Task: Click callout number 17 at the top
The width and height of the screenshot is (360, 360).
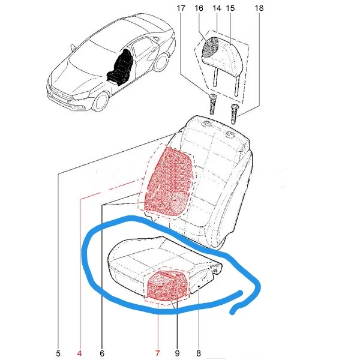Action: pos(181,8)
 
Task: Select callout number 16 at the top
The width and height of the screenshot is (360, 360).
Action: pos(199,8)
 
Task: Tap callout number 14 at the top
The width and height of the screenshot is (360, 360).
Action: pos(217,8)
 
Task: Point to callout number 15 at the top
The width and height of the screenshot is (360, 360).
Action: pos(230,8)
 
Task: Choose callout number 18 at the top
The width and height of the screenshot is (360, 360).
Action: pos(259,8)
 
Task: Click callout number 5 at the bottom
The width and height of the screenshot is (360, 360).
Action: pos(58,353)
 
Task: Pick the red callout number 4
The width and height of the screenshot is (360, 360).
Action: pos(79,353)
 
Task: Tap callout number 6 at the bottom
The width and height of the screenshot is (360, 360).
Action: pos(102,353)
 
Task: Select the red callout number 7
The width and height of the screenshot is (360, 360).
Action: pos(157,353)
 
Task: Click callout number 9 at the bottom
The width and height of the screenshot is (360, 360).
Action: pos(177,353)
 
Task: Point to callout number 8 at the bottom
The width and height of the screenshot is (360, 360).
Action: pos(199,353)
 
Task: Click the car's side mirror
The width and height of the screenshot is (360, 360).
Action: pos(73,48)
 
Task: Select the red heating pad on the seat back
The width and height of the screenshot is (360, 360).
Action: pos(169,181)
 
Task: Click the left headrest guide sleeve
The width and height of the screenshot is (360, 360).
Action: pos(213,104)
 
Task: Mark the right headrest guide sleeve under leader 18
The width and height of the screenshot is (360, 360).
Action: pos(235,114)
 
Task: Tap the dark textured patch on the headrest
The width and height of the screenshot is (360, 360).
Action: pos(210,47)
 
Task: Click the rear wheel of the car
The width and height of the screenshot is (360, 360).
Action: pos(161,62)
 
